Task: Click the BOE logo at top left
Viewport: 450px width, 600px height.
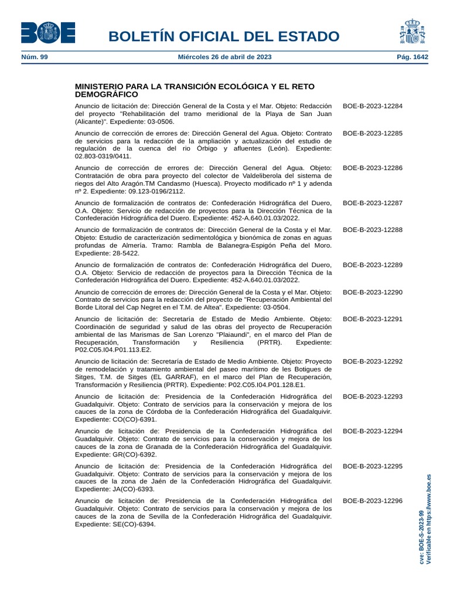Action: pyautogui.click(x=48, y=32)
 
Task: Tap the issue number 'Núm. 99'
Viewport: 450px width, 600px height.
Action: pyautogui.click(x=34, y=57)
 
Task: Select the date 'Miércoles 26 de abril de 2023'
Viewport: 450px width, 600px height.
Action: pyautogui.click(x=224, y=57)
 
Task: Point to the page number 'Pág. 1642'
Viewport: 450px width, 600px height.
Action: pyautogui.click(x=412, y=57)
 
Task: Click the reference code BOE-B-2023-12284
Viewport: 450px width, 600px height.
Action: pyautogui.click(x=373, y=106)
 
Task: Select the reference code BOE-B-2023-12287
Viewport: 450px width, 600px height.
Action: pyautogui.click(x=373, y=203)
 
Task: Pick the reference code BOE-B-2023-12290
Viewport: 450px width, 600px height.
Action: pyautogui.click(x=373, y=292)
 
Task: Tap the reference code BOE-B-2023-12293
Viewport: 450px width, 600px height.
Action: pyautogui.click(x=373, y=397)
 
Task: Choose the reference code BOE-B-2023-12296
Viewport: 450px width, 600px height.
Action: pyautogui.click(x=373, y=501)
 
